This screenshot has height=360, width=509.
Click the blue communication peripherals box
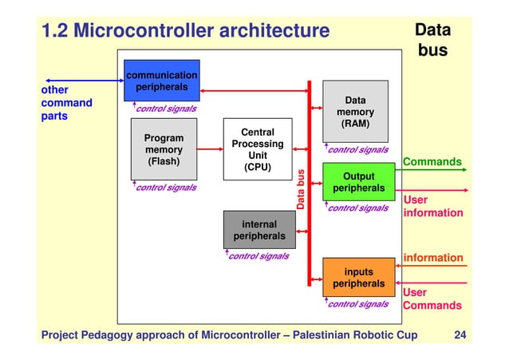coord(162,80)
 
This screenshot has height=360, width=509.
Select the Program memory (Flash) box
coord(163,149)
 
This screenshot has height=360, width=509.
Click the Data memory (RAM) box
coord(355,112)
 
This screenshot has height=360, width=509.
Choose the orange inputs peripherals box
coord(358,278)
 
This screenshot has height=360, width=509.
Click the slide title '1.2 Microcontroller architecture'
coord(184,31)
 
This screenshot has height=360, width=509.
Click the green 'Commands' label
coord(432,162)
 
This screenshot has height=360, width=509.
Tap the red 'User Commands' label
coord(432,299)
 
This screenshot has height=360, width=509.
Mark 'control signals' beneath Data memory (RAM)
coord(358,149)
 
